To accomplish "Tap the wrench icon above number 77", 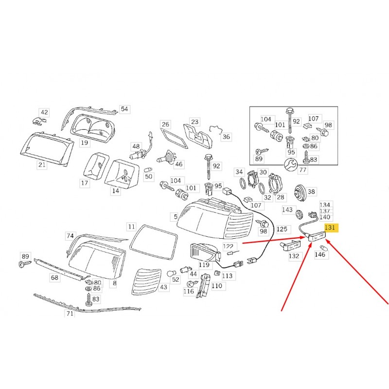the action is (x=290, y=165).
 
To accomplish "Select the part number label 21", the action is (x=42, y=165).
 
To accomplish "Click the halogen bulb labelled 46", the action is (x=166, y=157).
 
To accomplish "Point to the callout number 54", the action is (x=124, y=109).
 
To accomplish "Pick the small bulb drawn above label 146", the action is (x=324, y=248).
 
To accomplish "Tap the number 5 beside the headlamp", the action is (x=176, y=217).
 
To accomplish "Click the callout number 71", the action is (x=70, y=314).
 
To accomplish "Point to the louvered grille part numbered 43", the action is (x=146, y=282).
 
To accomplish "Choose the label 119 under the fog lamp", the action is (x=204, y=265).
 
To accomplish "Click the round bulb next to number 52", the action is (x=171, y=274).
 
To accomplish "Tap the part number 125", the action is (x=282, y=229).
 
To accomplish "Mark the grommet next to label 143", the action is (x=300, y=214).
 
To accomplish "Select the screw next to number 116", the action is (x=192, y=283).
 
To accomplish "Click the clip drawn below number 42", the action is (x=39, y=121).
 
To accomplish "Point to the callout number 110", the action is (x=217, y=286).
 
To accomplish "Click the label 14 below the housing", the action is (x=116, y=191).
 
